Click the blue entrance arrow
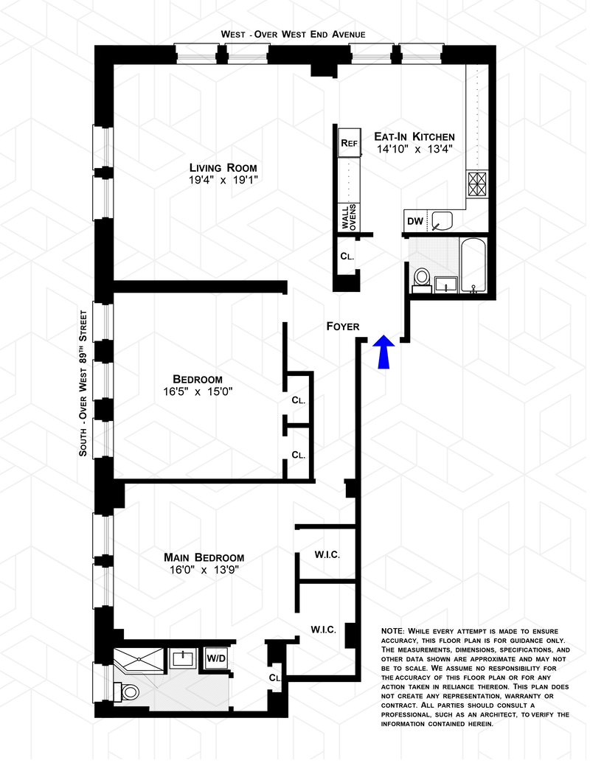pos(386,352)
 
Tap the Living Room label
pos(224,168)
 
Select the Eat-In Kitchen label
pos(416,137)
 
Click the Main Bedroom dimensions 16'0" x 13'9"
pos(205,570)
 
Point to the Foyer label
pos(344,327)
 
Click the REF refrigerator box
pos(350,143)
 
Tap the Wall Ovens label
pos(350,217)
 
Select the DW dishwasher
pos(417,222)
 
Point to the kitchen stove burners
pos(479,185)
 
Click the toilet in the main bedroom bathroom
pos(128,691)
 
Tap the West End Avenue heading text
pos(294,35)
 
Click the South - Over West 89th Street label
pos(84,384)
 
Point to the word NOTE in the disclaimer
pos(393,631)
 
